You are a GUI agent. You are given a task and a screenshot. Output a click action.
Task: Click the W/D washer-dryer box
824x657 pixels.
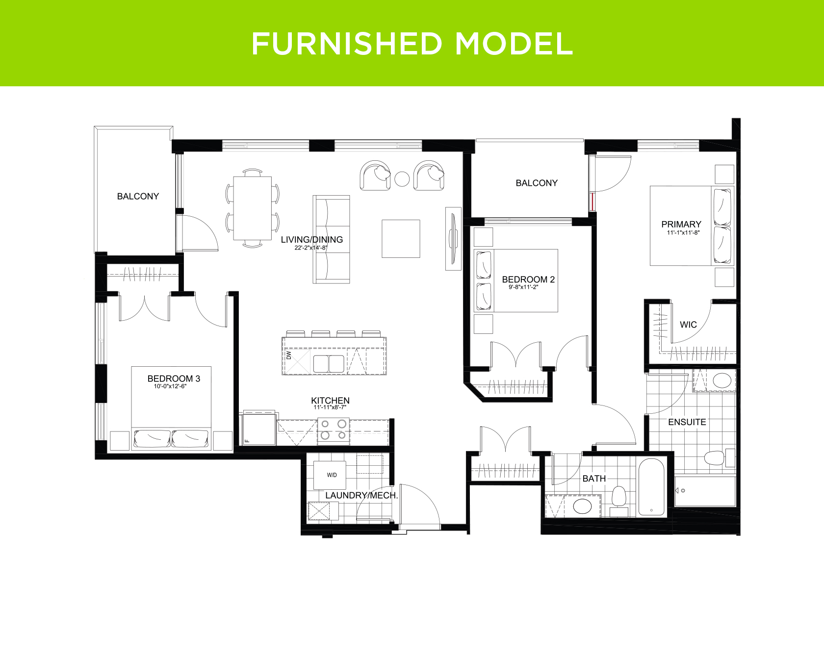332,475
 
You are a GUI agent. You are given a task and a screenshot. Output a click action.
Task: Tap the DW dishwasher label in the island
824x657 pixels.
289,354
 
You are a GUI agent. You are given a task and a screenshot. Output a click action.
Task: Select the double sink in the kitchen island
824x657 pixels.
329,364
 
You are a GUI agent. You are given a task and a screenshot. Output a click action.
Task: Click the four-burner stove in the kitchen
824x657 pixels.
334,431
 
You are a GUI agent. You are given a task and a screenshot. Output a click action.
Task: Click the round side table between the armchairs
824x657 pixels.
402,179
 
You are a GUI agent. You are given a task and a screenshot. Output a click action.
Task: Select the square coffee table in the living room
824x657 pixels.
401,239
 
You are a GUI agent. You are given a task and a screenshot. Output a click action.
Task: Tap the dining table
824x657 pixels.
253,208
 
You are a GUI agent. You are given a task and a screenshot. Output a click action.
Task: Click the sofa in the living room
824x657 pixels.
332,239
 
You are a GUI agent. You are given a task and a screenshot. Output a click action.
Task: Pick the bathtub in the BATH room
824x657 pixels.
651,486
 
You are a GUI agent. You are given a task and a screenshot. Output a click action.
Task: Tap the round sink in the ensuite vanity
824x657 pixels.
721,380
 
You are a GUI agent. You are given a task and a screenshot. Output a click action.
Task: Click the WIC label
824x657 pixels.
688,325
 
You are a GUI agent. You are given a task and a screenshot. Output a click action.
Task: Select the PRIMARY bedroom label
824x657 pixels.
681,224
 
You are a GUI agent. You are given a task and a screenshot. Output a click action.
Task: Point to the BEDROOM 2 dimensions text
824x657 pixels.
523,287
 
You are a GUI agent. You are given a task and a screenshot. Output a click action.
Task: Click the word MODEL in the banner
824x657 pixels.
514,44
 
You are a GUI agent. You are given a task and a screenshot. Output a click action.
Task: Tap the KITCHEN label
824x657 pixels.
330,401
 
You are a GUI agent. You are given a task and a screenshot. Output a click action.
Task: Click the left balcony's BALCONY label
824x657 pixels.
138,196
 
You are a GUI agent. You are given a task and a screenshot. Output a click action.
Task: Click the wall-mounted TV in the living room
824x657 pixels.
453,239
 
